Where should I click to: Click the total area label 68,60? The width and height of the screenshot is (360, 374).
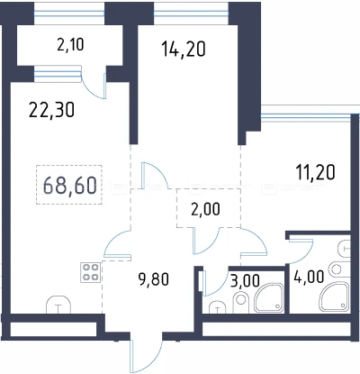pyautogui.click(x=70, y=185)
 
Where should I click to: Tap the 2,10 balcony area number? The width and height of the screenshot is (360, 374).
pyautogui.click(x=70, y=45)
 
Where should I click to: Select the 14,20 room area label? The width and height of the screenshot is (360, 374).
pyautogui.click(x=184, y=49)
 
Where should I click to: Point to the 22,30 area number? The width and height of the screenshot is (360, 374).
pyautogui.click(x=51, y=110)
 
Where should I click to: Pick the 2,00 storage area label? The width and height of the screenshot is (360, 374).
pyautogui.click(x=205, y=209)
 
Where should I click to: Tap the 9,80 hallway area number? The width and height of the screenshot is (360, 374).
pyautogui.click(x=154, y=279)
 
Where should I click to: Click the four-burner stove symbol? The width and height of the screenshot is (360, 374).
pyautogui.click(x=90, y=272)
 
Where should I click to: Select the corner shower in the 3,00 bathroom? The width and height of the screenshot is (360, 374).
pyautogui.click(x=269, y=297)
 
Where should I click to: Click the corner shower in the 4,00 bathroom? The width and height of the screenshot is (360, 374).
pyautogui.click(x=335, y=296)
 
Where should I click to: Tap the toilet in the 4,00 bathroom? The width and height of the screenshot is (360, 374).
pyautogui.click(x=339, y=269)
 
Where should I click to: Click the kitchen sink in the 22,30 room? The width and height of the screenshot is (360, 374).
pyautogui.click(x=58, y=305)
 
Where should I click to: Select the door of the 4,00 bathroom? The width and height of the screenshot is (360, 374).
pyautogui.click(x=301, y=250)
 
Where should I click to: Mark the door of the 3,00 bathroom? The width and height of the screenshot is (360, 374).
pyautogui.click(x=215, y=283)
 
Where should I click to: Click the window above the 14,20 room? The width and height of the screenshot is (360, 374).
pyautogui.click(x=191, y=14)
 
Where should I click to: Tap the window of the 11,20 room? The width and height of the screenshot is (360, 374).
pyautogui.click(x=306, y=116)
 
